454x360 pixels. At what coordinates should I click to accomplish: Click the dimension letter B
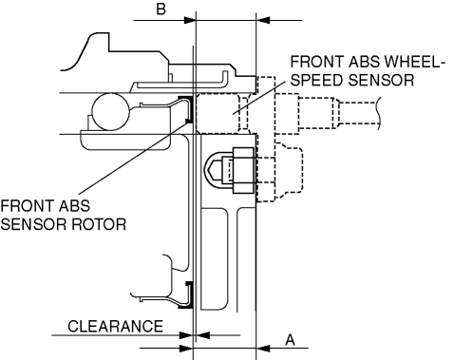pyautogui.click(x=161, y=9)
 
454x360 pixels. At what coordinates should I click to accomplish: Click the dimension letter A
pyautogui.click(x=290, y=340)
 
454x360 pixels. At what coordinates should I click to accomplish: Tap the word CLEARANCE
pyautogui.click(x=115, y=326)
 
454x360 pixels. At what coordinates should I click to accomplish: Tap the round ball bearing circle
pyautogui.click(x=110, y=111)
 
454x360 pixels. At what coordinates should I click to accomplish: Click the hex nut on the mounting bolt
pyautogui.click(x=243, y=170)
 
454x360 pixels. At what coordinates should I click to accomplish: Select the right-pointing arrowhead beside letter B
pyautogui.click(x=189, y=20)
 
